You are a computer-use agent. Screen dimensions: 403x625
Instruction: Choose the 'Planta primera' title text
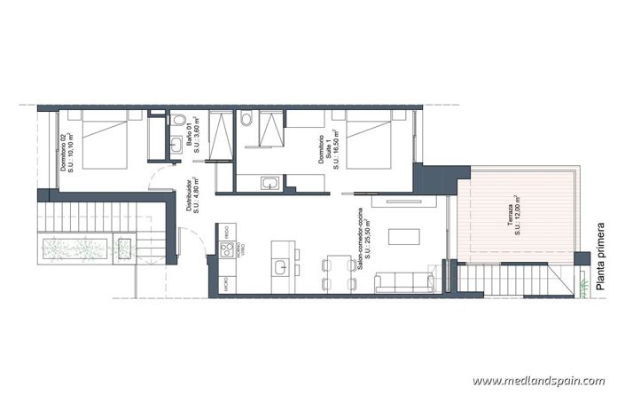(601, 257)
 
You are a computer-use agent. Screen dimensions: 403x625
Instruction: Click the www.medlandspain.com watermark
(539, 381)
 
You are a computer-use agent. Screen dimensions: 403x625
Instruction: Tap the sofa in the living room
(404, 282)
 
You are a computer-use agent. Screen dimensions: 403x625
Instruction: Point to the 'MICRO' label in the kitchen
(227, 286)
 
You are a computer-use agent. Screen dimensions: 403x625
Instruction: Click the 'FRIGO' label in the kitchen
(227, 231)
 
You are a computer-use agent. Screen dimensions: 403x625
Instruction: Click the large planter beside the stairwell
(74, 249)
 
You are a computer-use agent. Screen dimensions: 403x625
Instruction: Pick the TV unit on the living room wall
(404, 202)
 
